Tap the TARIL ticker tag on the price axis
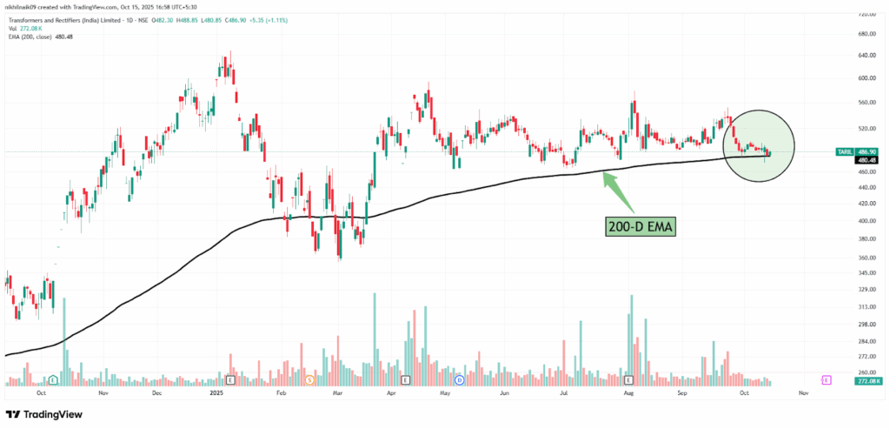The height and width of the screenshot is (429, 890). point(842,151)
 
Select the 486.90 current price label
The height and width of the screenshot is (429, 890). point(866,151)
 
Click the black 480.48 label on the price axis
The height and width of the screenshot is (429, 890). point(866,160)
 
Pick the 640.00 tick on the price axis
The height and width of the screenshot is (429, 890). point(866,55)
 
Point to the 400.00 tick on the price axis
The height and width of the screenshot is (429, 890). point(866,220)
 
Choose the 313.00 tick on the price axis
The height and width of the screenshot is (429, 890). point(866,306)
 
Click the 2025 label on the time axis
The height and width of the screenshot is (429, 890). point(216,393)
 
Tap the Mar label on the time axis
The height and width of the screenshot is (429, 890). point(337,393)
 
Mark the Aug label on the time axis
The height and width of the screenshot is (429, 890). point(627,393)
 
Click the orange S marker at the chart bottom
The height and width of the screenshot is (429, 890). point(311,380)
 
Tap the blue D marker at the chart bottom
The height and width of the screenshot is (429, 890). point(458,380)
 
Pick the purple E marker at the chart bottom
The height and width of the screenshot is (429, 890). point(827,380)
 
